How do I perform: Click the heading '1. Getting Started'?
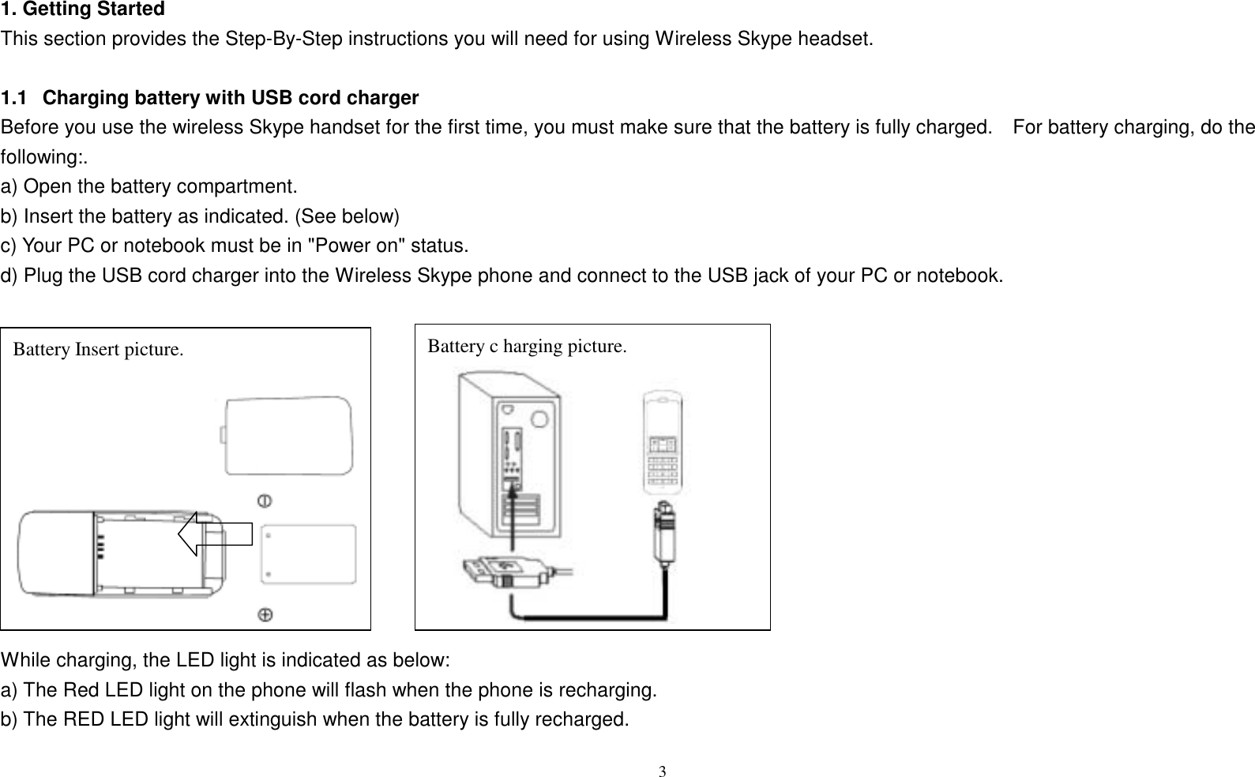click(82, 10)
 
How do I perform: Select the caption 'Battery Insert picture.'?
click(99, 349)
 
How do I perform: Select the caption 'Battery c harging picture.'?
click(527, 346)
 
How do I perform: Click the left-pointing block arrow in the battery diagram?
click(213, 534)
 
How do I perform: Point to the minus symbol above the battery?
click(265, 501)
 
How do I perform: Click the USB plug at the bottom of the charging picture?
click(494, 572)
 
